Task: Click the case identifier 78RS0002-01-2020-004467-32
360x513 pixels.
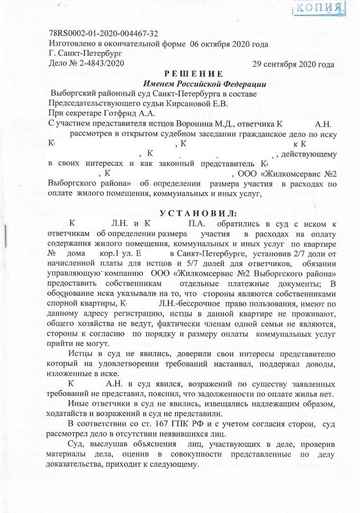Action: coord(104,34)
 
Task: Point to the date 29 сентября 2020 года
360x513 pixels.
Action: coord(293,64)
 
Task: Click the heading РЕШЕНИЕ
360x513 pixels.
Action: coord(193,74)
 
